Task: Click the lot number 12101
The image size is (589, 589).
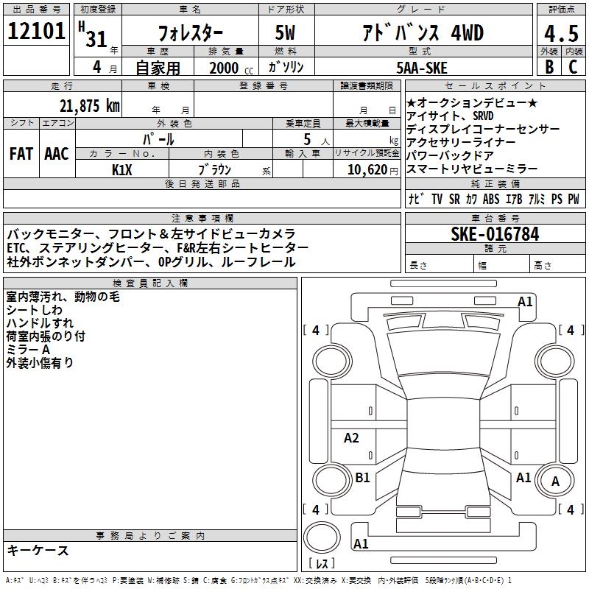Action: tap(36, 31)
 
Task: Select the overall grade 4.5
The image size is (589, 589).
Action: tap(561, 33)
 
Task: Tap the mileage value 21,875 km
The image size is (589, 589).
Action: tap(90, 106)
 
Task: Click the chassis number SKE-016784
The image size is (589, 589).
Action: tap(495, 234)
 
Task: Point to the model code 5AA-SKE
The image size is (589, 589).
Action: tap(422, 68)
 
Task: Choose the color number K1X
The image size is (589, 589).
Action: tap(122, 170)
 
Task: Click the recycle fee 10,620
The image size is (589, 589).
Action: tap(367, 170)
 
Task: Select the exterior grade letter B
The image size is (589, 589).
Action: tap(549, 67)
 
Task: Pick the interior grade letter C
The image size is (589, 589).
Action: tap(573, 67)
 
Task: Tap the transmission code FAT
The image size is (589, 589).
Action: tap(21, 154)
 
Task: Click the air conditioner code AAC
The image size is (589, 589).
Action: tap(57, 154)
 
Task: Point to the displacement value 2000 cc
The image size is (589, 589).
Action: tap(231, 68)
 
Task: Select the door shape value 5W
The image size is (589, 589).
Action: tap(285, 32)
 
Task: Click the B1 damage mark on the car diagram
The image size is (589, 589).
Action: tap(362, 477)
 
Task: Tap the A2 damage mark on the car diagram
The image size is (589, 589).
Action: tap(351, 437)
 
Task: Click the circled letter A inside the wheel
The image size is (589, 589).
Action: tap(555, 482)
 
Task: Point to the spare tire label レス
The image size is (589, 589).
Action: tap(322, 563)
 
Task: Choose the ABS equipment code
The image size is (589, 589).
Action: tap(491, 199)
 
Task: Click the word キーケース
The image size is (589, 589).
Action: tap(38, 550)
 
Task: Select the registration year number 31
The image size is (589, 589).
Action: tap(96, 39)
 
